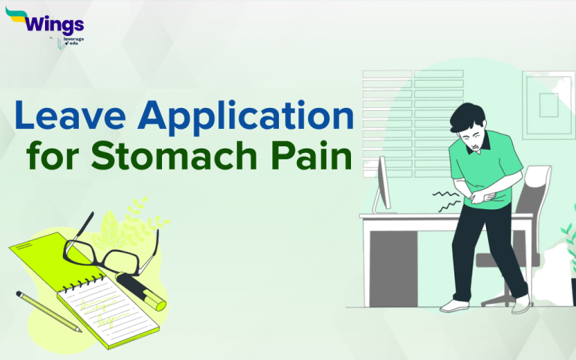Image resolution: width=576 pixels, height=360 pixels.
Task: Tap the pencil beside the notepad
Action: tap(49, 311)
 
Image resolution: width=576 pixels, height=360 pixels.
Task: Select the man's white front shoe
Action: tap(454, 305)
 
